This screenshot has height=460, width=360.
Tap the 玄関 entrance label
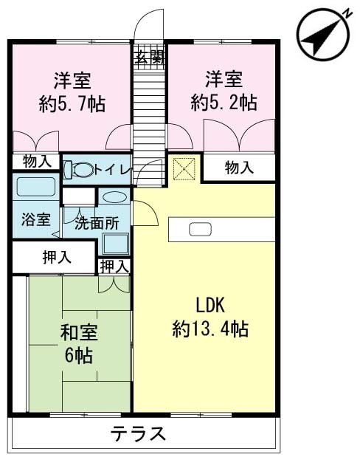148,55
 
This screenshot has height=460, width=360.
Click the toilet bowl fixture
79,170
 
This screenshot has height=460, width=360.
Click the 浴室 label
35,219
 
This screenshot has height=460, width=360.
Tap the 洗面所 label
95,222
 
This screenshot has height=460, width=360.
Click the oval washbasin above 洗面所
114,198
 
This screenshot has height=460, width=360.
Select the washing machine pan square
116,241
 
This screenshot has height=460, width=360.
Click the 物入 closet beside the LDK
239,168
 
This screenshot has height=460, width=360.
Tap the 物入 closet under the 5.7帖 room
36,161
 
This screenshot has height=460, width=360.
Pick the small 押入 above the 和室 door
114,265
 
